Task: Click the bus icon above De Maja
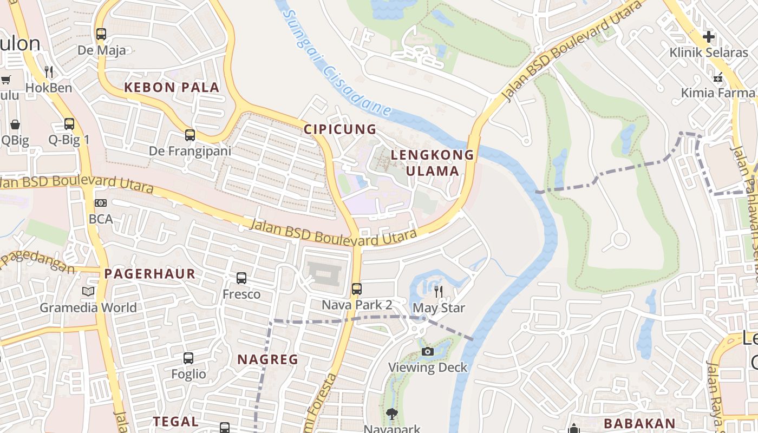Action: coord(101,34)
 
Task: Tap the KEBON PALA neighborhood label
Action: coord(172,87)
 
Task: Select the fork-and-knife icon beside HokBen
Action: coord(48,71)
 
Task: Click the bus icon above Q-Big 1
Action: coord(69,123)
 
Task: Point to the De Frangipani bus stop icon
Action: coord(190,135)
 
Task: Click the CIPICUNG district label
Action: coord(339,129)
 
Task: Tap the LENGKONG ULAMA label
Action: coord(432,163)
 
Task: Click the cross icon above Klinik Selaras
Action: coord(708,37)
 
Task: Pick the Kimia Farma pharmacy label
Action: coord(717,93)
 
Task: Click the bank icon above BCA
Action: coord(101,203)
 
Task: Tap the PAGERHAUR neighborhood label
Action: coord(149,273)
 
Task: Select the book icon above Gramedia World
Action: coord(88,292)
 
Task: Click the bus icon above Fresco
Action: coord(241,278)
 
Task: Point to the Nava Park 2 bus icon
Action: coord(356,288)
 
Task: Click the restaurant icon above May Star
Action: coord(439,292)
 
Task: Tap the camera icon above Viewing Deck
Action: coord(428,352)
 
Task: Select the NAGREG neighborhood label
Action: coord(268,359)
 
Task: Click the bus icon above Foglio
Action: coord(188,358)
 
